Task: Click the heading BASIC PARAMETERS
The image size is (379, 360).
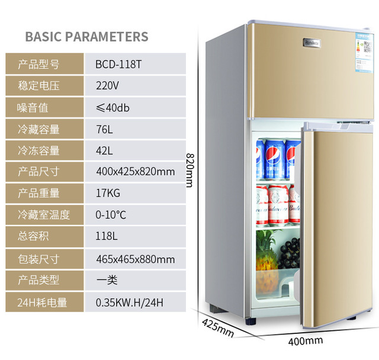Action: (86, 36)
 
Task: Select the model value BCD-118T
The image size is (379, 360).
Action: (118, 64)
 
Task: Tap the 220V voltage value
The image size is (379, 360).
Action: (107, 85)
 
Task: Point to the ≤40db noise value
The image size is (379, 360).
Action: (113, 107)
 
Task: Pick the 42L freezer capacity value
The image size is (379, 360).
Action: (104, 150)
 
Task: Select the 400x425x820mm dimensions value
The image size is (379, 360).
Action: (135, 172)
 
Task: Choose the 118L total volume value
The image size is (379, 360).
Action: (107, 237)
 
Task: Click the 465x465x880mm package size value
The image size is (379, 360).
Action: (135, 259)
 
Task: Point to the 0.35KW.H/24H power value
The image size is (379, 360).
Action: (129, 303)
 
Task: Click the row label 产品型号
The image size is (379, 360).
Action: (38, 64)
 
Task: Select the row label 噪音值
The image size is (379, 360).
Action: (33, 107)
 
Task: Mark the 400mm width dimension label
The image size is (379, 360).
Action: (306, 340)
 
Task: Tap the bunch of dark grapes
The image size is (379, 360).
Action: (290, 255)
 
